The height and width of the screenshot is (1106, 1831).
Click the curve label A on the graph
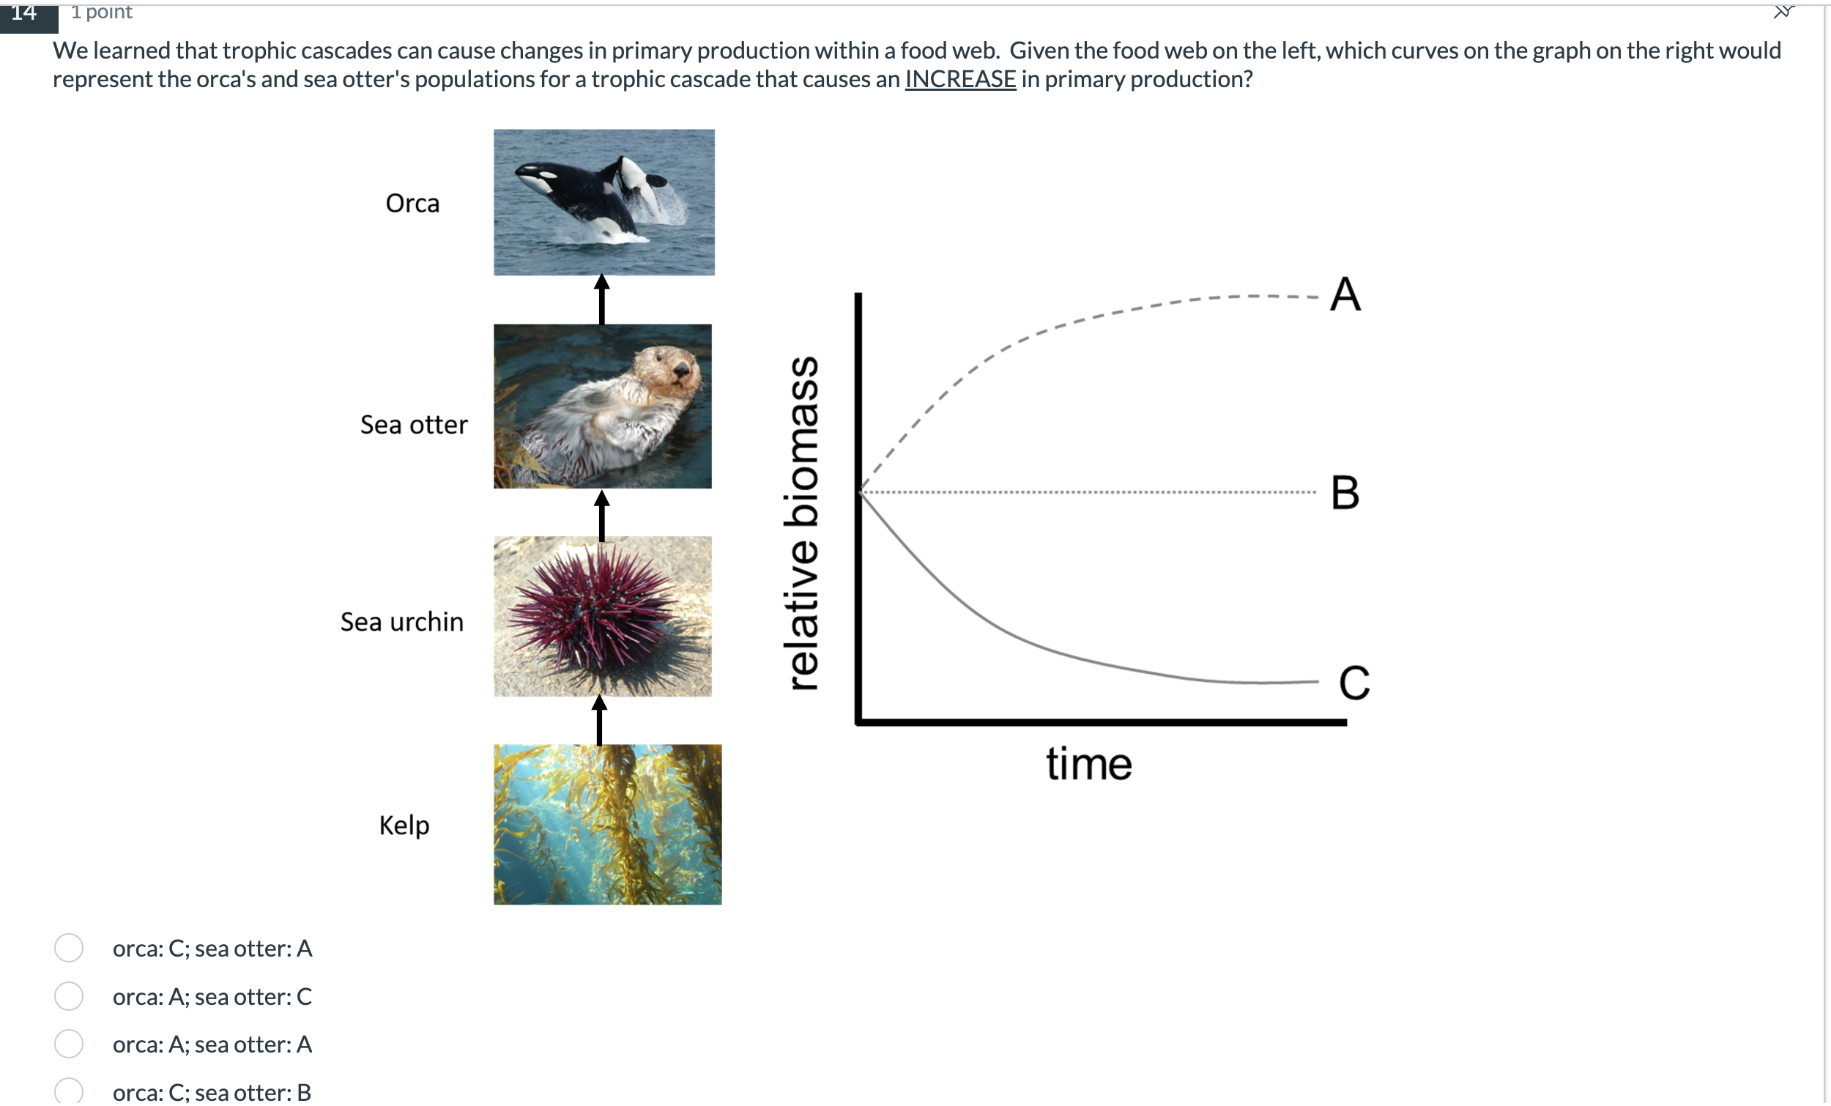1345,294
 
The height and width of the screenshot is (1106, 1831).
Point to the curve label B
1345,493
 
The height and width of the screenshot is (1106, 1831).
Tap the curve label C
1354,683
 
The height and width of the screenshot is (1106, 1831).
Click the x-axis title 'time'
1088,764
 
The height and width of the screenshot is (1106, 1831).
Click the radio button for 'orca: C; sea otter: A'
69,949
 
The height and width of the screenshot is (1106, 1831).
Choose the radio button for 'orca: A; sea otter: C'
69,997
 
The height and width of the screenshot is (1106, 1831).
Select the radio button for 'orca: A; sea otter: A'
69,1044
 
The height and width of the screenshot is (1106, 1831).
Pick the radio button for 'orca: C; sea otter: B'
69,1091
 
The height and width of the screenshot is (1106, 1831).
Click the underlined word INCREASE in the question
960,79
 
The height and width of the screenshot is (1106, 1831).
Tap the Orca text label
412,204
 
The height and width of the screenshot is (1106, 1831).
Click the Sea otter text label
414,425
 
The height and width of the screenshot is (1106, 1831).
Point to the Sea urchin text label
402,622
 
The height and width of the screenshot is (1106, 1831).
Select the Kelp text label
404,825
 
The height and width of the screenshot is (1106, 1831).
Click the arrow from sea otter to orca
602,300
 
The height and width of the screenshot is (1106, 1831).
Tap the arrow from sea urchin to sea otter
602,515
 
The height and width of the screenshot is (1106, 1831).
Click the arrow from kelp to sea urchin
600,721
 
